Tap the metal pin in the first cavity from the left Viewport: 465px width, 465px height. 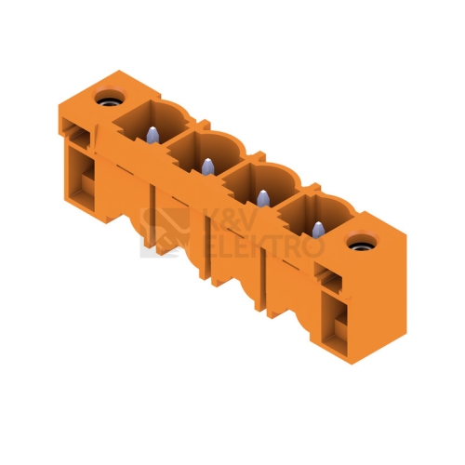pos(153,135)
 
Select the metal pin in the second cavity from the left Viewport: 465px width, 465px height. pos(207,166)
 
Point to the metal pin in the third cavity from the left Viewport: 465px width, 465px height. pos(263,198)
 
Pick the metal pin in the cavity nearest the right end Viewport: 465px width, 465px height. pos(318,230)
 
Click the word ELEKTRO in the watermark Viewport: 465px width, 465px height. pos(263,247)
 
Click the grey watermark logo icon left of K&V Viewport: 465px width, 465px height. pos(165,232)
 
